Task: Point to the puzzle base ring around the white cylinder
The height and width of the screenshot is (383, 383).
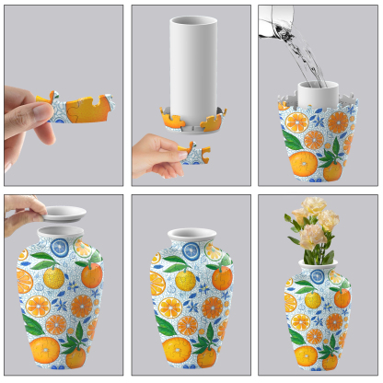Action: pyautogui.click(x=193, y=119)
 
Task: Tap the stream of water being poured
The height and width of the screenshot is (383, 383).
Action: pyautogui.click(x=309, y=59)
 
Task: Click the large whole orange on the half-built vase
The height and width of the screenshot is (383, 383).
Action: pyautogui.click(x=303, y=163)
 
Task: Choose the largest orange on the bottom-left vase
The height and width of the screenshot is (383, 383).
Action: pyautogui.click(x=45, y=349)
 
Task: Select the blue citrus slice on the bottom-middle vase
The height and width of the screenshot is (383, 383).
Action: pyautogui.click(x=191, y=250)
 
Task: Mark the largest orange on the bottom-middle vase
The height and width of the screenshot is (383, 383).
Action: pyautogui.click(x=178, y=349)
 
